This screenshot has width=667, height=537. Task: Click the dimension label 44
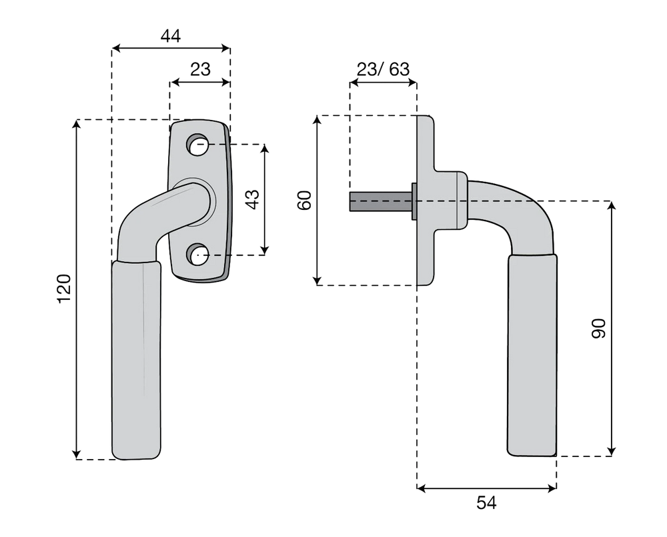(171, 36)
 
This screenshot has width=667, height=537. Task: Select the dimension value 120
(64, 289)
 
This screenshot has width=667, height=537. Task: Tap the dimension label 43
(253, 199)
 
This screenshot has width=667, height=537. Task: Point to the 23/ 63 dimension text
(383, 69)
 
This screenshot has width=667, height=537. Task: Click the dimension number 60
(305, 200)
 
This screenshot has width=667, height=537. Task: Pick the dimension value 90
(598, 328)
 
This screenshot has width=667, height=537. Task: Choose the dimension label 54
(486, 503)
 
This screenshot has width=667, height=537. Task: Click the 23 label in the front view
(200, 69)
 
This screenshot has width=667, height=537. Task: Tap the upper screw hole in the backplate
(197, 145)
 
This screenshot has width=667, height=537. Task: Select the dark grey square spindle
(381, 201)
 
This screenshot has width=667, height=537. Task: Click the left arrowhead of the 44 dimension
(116, 49)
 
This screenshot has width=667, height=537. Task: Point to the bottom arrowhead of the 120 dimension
(77, 454)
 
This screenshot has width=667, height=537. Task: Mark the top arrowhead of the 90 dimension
(611, 206)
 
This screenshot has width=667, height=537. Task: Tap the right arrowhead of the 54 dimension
(552, 488)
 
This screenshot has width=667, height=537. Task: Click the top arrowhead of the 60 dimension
(317, 120)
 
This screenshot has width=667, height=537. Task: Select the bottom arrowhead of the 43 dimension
(265, 251)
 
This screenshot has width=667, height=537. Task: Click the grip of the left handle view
(137, 360)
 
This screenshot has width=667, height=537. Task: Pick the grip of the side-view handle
(532, 355)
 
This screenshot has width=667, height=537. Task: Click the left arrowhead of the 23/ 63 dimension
(354, 83)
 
